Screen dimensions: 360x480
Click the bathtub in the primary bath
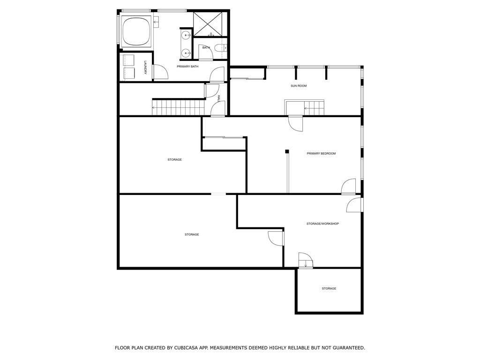(135, 31)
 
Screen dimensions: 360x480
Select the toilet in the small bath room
(219, 47)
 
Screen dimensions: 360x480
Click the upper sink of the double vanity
(186, 35)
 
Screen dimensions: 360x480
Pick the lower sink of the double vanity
(186, 53)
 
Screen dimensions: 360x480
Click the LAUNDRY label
(146, 68)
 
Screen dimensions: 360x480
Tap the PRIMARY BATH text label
(187, 67)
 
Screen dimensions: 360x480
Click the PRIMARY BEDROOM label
(321, 154)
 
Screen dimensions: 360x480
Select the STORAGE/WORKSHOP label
(322, 224)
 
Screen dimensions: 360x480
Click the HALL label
(219, 98)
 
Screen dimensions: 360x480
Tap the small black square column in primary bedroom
(287, 151)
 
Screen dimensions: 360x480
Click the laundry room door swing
(160, 72)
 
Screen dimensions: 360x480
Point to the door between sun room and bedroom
(296, 123)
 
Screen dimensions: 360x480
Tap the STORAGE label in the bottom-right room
(329, 289)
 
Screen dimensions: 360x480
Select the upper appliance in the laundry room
(127, 60)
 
